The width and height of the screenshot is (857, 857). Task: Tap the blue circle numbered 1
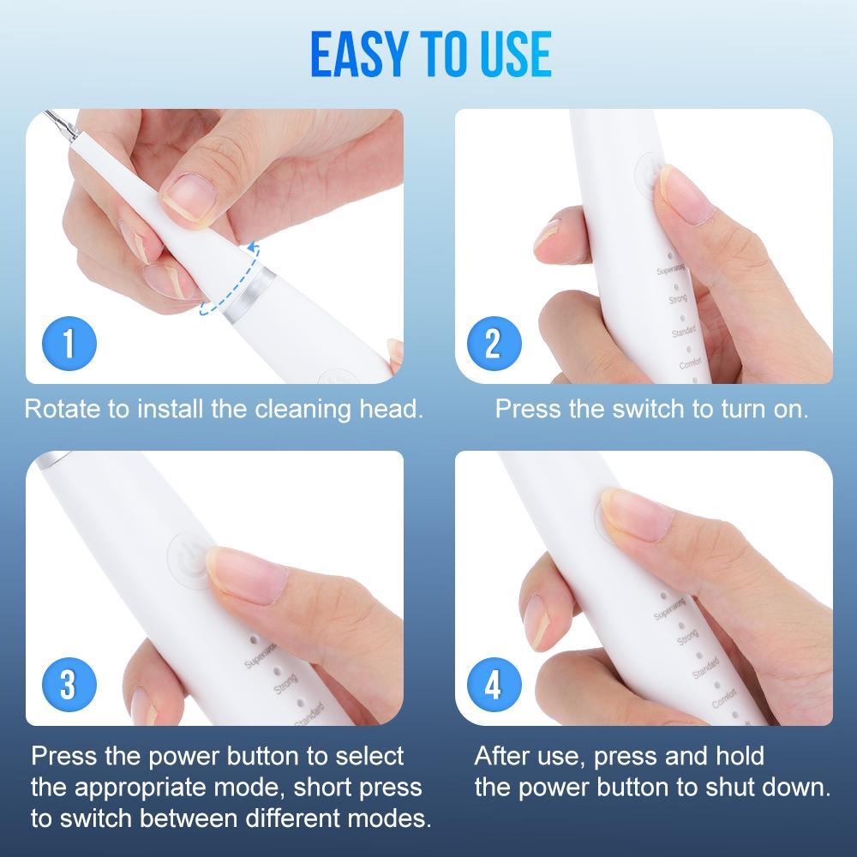coord(69,345)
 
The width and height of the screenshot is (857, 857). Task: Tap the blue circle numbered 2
coord(492,345)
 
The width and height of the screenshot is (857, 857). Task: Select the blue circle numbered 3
coord(69,686)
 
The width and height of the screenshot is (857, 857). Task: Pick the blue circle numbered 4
coord(492,686)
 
